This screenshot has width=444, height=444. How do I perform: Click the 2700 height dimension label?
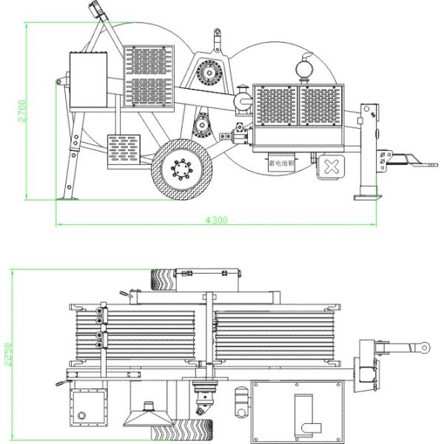click(22, 111)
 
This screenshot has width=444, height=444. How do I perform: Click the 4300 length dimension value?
click(215, 220)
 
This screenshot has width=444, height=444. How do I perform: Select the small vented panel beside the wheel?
click(124, 151)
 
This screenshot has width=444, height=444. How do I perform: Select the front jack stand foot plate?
click(368, 197)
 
